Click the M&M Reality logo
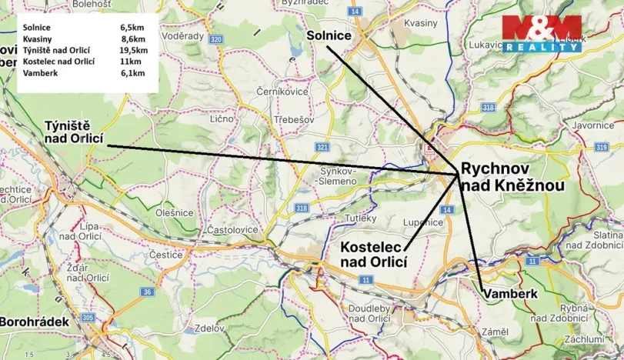(x=542, y=33)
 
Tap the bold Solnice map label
(x=329, y=36)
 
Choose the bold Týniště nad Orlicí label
(x=67, y=132)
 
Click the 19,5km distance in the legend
(x=134, y=48)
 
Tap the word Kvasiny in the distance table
(x=37, y=38)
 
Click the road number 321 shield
(x=322, y=147)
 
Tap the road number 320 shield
(x=216, y=39)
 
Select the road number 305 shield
(x=87, y=316)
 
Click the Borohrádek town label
(x=34, y=322)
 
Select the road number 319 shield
(x=601, y=146)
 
